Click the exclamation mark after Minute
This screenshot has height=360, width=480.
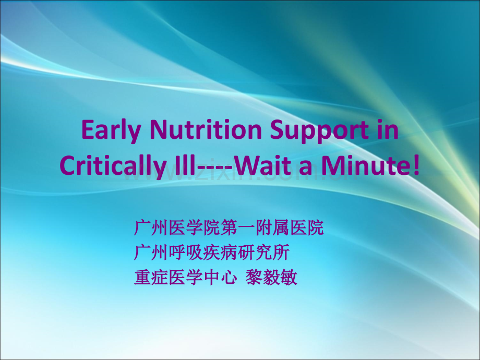pyautogui.click(x=416, y=165)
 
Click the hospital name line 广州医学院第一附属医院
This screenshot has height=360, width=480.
pyautogui.click(x=229, y=227)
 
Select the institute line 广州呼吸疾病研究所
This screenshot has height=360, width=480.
pyautogui.click(x=211, y=253)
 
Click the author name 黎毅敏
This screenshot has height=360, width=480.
pyautogui.click(x=271, y=278)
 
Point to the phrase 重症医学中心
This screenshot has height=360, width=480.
pyautogui.click(x=186, y=278)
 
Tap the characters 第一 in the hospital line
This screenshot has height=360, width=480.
pyautogui.click(x=237, y=227)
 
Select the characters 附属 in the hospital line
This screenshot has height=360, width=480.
pyautogui.click(x=272, y=227)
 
